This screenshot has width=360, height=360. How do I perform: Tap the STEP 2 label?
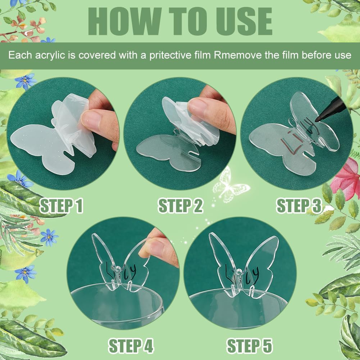[x=181, y=206]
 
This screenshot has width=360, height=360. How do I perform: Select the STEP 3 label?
[x=299, y=206]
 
